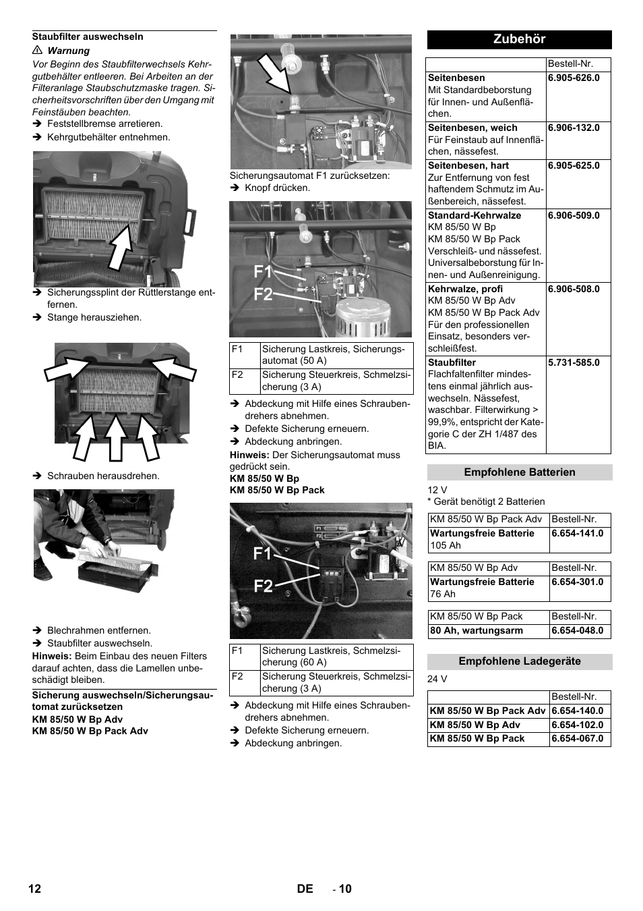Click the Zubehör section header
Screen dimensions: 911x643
tap(519, 39)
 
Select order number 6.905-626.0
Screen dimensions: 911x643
tap(574, 78)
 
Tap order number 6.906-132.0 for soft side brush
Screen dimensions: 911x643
tap(574, 128)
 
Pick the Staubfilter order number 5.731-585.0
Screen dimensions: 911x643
tap(574, 362)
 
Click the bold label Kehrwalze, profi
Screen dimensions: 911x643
tap(465, 289)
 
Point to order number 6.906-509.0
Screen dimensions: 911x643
tap(574, 215)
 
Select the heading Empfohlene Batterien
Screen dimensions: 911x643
tap(519, 472)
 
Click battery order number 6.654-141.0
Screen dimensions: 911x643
tap(577, 533)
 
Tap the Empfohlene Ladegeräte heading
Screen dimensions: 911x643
tap(519, 661)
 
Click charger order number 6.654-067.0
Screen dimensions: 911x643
tap(577, 738)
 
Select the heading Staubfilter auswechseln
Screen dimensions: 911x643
tap(88, 36)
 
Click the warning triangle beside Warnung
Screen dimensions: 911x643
tap(38, 51)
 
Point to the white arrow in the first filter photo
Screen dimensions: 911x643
tap(122, 246)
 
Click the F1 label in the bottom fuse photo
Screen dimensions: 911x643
tap(263, 554)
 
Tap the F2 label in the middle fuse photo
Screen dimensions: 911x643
tap(263, 295)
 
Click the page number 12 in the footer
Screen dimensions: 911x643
tap(34, 889)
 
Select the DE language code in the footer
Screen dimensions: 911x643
tap(305, 889)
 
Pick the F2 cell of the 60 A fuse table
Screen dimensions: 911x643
tap(237, 676)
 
